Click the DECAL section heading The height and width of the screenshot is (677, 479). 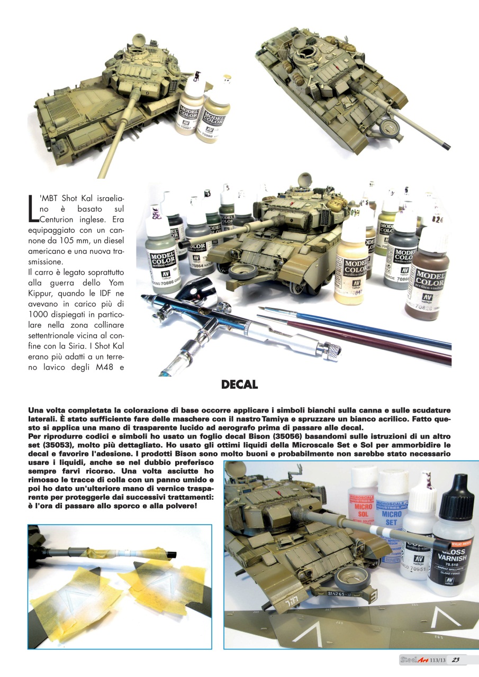(239, 385)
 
